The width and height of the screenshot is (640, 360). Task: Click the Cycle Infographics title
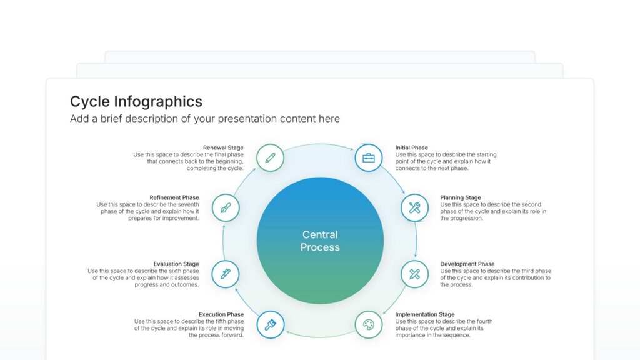[136, 102]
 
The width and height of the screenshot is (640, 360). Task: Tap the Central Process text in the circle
[320, 241]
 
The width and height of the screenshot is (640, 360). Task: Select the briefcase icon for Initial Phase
[369, 157]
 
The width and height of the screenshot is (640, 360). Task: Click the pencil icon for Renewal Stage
[270, 157]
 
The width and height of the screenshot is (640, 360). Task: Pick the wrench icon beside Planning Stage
[414, 208]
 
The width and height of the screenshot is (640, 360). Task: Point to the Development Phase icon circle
[414, 274]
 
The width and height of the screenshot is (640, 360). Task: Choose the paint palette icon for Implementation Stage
[369, 325]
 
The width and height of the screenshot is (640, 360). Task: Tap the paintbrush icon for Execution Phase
[271, 325]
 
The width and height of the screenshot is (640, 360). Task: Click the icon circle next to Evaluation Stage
[226, 274]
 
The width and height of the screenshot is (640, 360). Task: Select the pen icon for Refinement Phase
[226, 208]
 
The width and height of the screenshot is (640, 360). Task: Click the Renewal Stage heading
[223, 148]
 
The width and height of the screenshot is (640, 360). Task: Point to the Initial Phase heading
[412, 148]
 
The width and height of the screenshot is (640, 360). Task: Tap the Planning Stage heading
[461, 198]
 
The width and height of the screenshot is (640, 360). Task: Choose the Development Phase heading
[467, 264]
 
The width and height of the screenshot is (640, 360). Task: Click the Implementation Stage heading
[425, 315]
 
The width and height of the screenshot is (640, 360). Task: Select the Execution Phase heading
[221, 315]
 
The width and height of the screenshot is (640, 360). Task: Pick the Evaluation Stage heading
[176, 264]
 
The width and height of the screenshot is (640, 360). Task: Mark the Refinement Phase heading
[174, 198]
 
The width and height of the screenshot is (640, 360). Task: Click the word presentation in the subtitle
[247, 119]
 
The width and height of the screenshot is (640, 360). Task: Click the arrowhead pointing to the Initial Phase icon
[352, 148]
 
